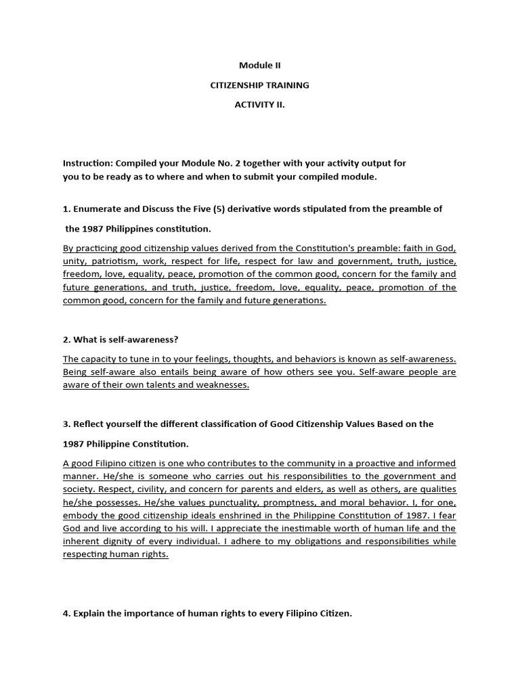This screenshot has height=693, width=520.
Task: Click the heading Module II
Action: tap(259, 66)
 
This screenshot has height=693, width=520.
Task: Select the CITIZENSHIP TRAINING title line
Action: tap(260, 85)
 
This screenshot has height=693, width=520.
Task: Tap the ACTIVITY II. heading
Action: tap(259, 105)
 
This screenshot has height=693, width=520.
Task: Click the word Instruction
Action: tap(87, 164)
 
